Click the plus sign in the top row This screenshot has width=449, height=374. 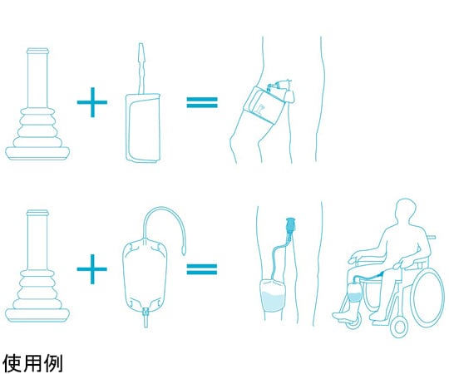point(92,102)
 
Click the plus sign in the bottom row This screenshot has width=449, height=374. point(92,269)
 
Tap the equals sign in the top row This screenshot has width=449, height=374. point(202,102)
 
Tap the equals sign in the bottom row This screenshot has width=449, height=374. point(202,269)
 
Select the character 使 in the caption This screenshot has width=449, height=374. point(12,363)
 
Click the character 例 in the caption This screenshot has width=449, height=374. point(53,363)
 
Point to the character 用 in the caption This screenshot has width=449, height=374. point(32,363)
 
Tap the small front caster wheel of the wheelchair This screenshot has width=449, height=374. point(399,326)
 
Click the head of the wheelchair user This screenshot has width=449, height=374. point(405,209)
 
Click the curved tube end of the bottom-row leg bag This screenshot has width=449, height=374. point(183,253)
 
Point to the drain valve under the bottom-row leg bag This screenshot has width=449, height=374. point(146,317)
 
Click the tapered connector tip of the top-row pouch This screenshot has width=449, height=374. point(141,51)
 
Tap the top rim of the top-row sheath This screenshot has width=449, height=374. point(37,52)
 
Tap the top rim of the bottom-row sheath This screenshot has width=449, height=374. point(37,213)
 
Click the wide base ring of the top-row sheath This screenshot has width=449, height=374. point(37,153)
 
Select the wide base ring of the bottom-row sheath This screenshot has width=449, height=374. point(37,315)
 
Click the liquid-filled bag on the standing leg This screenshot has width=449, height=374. point(273,296)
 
